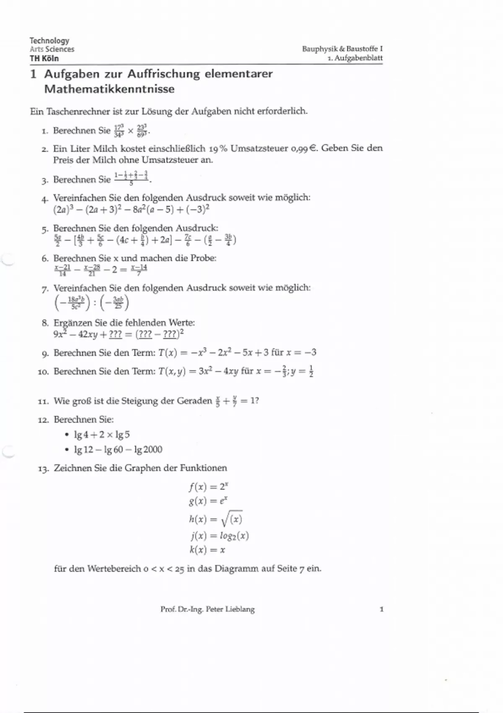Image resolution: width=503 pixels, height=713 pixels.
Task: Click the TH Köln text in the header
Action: [44, 58]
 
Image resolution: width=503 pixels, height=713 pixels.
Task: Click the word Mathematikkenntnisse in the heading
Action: [109, 89]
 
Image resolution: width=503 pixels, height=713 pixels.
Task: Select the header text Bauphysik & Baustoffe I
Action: [342, 49]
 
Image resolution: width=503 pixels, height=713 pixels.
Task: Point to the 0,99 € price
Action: [303, 148]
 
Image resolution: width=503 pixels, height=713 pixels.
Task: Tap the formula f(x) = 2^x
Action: [208, 487]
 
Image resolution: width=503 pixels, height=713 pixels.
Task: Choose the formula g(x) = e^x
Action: [208, 501]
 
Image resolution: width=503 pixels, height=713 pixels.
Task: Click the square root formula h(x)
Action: [215, 519]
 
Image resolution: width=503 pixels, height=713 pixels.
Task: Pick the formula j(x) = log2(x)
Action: [218, 536]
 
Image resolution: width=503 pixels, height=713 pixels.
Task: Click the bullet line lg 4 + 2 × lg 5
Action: [102, 435]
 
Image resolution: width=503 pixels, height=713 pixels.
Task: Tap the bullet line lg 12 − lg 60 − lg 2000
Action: [118, 450]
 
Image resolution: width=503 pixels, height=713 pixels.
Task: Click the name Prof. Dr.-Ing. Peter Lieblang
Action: [207, 609]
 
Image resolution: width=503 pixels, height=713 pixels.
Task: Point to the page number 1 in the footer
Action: [381, 609]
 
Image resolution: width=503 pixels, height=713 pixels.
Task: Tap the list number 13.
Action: [43, 469]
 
